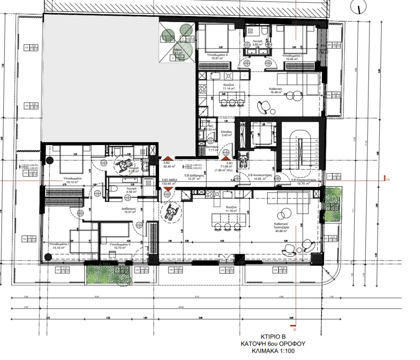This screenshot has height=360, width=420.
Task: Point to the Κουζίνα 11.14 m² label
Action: point(228,86)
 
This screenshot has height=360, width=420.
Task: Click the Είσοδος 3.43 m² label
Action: point(226,132)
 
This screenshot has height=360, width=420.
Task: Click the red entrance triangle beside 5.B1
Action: point(225,157)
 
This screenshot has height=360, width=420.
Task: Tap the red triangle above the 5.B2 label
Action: point(167,158)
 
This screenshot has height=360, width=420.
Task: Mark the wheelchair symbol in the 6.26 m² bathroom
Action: point(121,164)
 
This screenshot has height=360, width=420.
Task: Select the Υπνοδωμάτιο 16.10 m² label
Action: point(72,181)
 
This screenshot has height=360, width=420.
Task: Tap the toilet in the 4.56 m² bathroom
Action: point(114,188)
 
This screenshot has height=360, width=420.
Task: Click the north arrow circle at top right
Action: point(359,7)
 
